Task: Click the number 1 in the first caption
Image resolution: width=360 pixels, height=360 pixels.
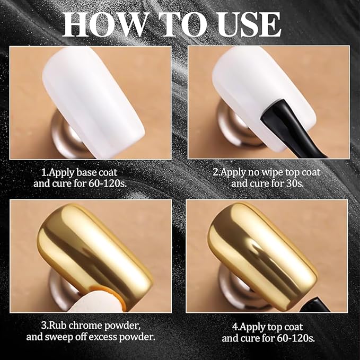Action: [x=43, y=172]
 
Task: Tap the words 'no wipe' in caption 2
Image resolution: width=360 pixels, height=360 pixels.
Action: [x=265, y=172]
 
